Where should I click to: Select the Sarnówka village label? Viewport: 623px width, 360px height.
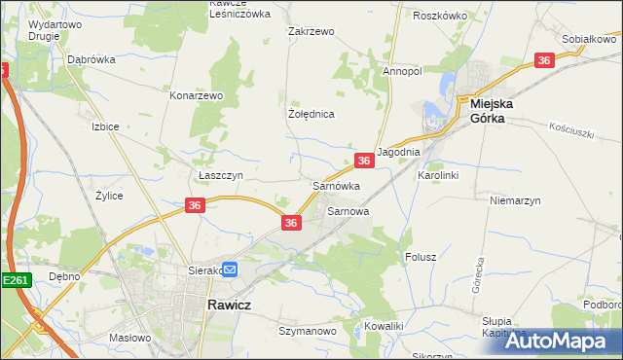tap(336, 185)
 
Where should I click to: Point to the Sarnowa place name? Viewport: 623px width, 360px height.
tap(348, 210)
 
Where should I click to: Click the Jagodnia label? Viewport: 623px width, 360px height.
tap(397, 153)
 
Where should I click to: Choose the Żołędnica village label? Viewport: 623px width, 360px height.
tap(311, 114)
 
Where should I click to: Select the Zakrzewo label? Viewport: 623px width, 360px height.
tap(311, 31)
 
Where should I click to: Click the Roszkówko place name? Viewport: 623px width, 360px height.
tap(440, 16)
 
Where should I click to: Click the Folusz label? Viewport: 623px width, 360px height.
tap(421, 257)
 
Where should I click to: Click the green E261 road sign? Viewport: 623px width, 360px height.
tap(16, 280)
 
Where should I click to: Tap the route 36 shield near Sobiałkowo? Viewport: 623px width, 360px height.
tap(544, 60)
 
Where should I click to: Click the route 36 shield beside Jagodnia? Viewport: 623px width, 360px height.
tap(363, 161)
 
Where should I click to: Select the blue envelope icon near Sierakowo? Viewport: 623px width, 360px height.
tap(230, 270)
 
